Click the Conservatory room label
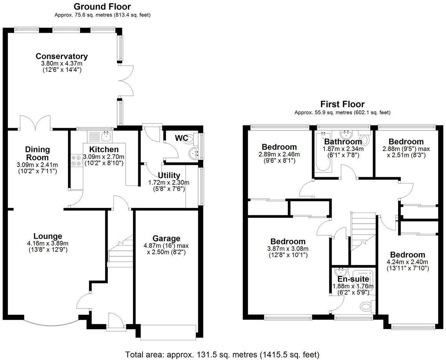(62, 56)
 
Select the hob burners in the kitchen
(76, 161)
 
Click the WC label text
(181, 138)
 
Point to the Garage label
(167, 239)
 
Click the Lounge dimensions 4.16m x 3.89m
(48, 243)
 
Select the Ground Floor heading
(102, 7)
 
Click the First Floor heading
(342, 104)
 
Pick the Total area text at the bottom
(222, 354)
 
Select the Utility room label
(169, 175)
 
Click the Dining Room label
(38, 153)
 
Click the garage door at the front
(168, 332)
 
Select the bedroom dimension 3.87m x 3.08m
(288, 249)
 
